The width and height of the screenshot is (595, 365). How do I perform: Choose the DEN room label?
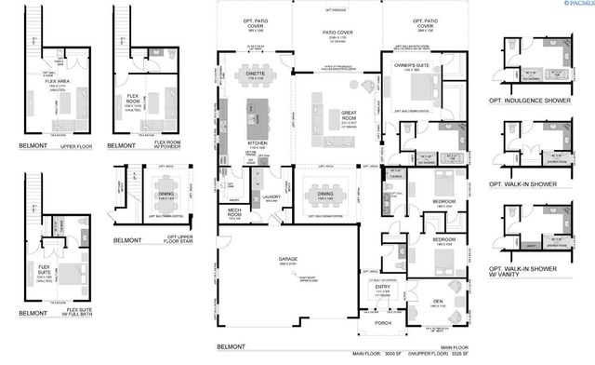coord(437,300)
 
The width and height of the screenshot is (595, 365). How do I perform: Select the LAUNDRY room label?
coord(272,196)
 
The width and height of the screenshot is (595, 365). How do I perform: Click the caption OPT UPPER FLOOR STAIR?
coord(187,236)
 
